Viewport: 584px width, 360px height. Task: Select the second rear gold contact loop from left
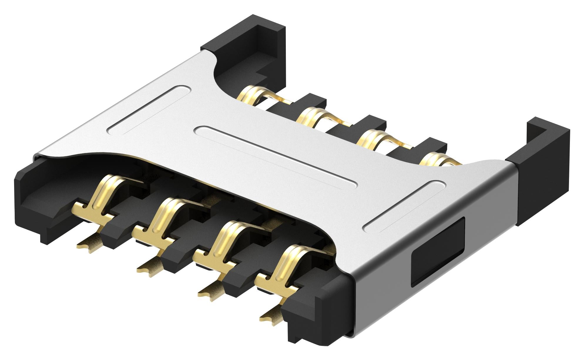311,118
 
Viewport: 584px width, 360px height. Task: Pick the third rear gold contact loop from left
372,138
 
